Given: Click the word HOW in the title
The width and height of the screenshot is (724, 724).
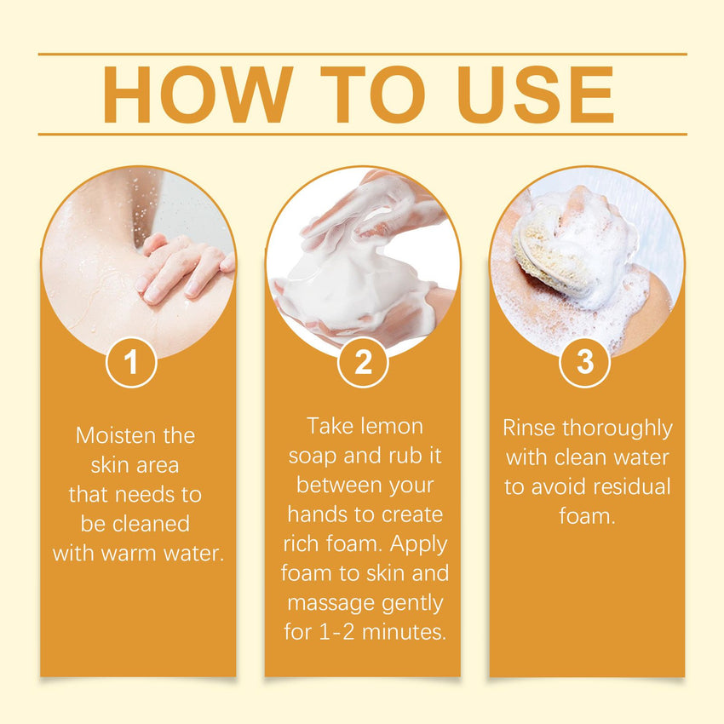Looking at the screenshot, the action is point(198,95).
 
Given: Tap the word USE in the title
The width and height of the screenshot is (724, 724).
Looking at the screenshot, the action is point(536,95).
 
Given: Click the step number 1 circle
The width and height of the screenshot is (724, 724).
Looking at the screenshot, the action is point(131,363).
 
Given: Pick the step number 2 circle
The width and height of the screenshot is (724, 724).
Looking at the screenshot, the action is point(363,363).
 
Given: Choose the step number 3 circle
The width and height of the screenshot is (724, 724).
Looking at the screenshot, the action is point(585,363).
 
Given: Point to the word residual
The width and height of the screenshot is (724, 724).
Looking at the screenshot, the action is point(632,486).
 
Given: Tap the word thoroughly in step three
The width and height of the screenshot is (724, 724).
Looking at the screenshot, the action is point(618,429).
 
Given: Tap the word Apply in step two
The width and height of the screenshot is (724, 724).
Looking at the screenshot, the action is point(419,545).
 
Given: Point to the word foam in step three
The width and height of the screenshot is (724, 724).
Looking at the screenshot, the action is point(587,516).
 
